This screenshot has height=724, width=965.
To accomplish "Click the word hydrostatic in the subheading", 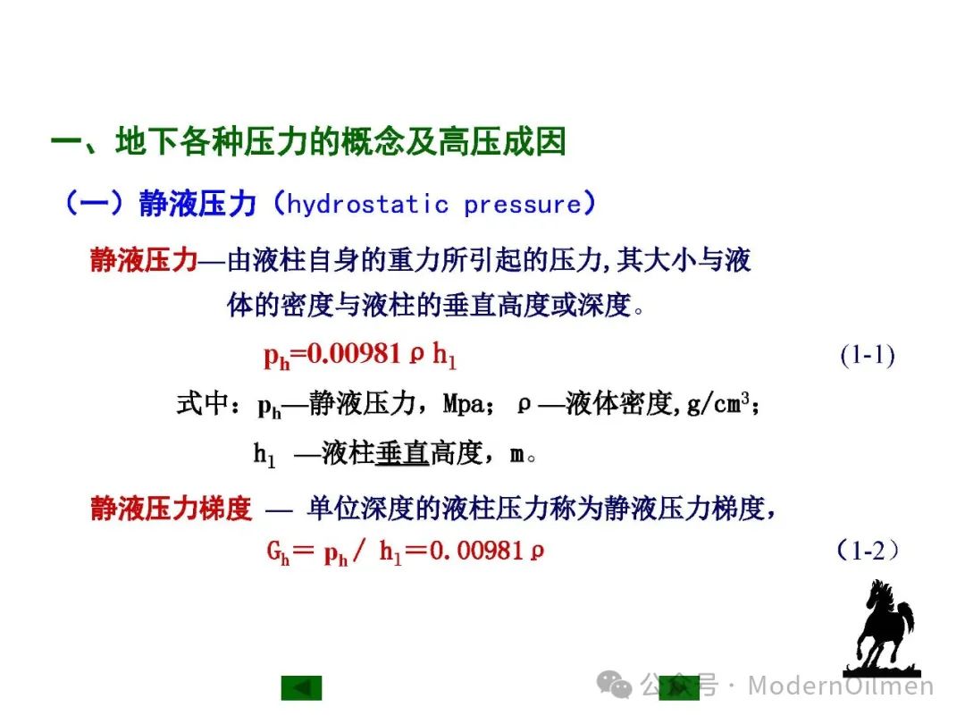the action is [367, 204].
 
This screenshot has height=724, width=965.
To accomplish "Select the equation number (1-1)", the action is [867, 355].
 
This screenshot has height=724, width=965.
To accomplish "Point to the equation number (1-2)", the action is [868, 550].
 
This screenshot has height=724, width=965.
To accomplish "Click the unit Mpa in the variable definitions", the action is [464, 405].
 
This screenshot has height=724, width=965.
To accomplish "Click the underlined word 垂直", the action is [402, 454].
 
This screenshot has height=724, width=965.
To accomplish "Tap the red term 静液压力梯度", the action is [171, 509].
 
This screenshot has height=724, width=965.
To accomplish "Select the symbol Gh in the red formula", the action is [278, 551].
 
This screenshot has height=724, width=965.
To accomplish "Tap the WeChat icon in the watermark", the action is [614, 684].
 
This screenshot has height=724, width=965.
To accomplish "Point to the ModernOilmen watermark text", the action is [841, 686].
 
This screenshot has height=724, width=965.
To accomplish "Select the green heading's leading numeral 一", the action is [66, 142].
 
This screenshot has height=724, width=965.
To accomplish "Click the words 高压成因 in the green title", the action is [502, 141].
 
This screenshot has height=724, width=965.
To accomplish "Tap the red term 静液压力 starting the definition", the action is [144, 260].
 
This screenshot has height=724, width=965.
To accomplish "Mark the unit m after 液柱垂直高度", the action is [516, 455].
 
